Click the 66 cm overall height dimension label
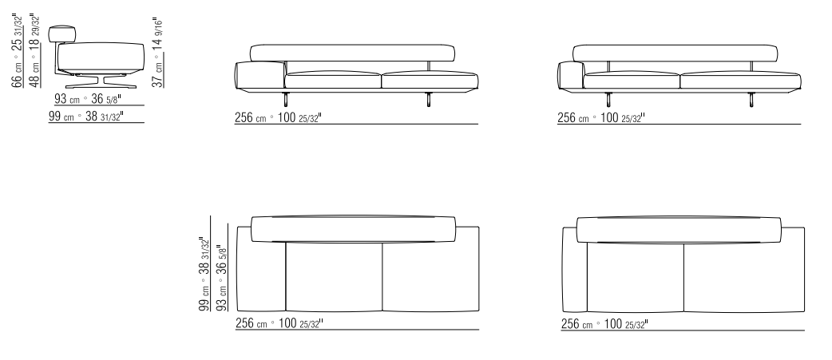[18, 50]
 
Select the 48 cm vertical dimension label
[34, 50]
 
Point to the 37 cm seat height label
[157, 53]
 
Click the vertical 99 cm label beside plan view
[204, 274]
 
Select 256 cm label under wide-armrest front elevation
[278, 117]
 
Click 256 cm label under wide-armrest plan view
[279, 323]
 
